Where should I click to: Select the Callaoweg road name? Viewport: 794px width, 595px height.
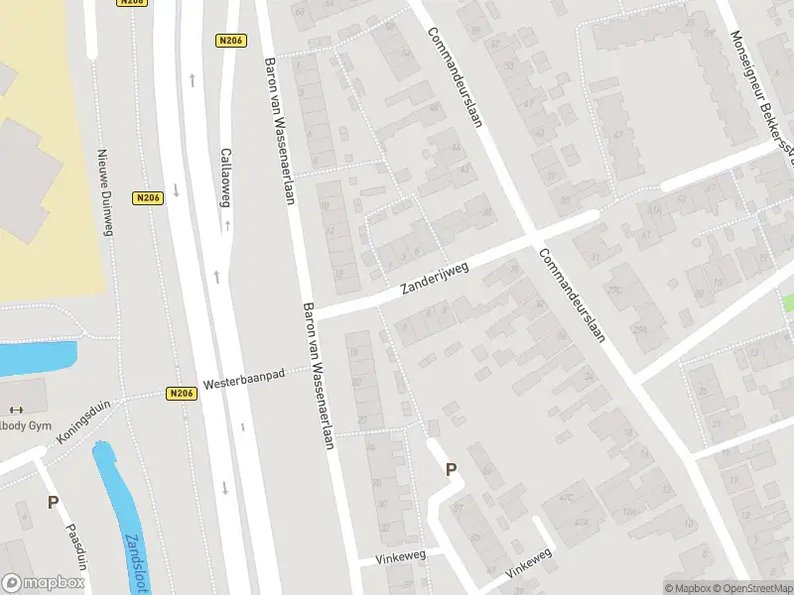[225, 178]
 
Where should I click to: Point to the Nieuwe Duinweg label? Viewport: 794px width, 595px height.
[102, 193]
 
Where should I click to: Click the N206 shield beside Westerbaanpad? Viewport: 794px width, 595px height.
[182, 394]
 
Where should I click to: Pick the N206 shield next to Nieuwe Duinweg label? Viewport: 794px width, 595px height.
[148, 197]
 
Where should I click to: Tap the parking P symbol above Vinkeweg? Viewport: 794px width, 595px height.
[451, 470]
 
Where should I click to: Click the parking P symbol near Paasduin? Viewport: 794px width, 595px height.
[53, 503]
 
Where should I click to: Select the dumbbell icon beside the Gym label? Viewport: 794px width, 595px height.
[15, 410]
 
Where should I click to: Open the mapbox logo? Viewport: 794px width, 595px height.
[43, 583]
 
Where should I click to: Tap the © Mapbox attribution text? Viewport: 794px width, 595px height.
[688, 588]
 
